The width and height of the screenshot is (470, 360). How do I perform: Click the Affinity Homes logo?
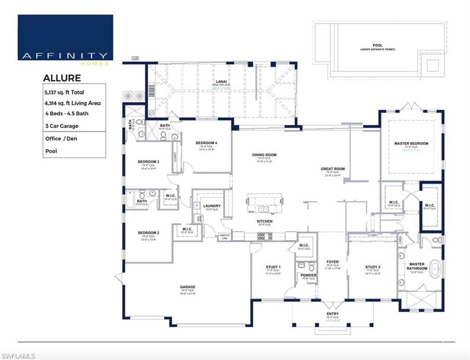point(65,37)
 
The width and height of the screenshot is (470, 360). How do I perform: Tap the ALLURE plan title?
point(62,78)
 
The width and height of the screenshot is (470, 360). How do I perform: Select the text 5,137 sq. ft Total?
point(64,92)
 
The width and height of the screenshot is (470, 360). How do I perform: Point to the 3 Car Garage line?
point(62,126)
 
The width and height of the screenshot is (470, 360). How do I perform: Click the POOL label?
point(378,45)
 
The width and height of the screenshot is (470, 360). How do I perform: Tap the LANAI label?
point(218,82)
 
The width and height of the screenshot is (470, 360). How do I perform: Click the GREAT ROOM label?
point(333,169)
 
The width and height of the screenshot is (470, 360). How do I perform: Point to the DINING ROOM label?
point(265,155)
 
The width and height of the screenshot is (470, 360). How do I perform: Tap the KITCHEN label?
point(265,221)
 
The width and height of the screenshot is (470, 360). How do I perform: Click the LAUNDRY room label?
point(212,206)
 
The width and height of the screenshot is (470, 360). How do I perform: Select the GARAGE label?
point(188,287)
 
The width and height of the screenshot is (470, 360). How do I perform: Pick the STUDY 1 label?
point(273,267)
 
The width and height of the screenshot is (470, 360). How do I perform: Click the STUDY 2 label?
point(373,267)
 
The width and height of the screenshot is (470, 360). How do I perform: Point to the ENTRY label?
point(333,314)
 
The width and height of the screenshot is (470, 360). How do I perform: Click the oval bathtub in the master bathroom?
point(435,270)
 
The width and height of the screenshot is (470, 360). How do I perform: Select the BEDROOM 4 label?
point(206,142)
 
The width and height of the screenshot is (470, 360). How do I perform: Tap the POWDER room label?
point(308,275)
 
